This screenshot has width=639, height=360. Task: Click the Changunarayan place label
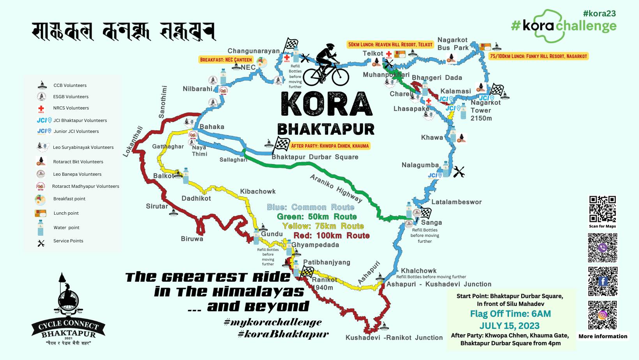(254, 51)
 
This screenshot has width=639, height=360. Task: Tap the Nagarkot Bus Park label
(453, 44)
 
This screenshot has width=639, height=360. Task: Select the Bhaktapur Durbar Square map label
(315, 157)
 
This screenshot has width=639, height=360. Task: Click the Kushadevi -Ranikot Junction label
(394, 338)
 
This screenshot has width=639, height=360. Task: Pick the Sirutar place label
(157, 206)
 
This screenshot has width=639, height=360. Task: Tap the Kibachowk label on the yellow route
(258, 191)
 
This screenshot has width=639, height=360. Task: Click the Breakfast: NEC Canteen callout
(226, 60)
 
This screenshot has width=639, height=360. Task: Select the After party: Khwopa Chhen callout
(330, 146)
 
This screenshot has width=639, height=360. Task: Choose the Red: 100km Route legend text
(331, 235)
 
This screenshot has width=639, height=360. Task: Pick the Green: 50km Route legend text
(316, 217)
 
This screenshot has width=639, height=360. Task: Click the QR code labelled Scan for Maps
(602, 209)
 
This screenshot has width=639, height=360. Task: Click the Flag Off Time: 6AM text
(510, 314)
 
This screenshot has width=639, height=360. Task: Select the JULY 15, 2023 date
(510, 326)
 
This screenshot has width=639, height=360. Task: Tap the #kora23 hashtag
(599, 13)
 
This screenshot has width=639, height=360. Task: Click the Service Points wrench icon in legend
(41, 243)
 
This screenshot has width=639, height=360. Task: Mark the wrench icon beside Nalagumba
(459, 172)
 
